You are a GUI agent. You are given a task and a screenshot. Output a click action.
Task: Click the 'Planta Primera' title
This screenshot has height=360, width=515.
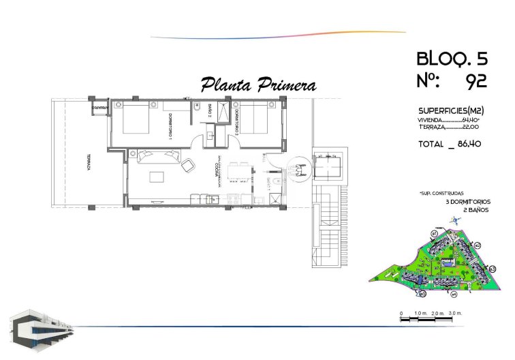point(258,85)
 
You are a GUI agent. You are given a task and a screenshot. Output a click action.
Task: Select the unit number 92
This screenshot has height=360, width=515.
point(475,82)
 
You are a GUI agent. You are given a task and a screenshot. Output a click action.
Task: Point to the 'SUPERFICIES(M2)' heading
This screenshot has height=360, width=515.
point(450,111)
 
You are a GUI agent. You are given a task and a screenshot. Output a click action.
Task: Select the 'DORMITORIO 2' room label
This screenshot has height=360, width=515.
point(235,117)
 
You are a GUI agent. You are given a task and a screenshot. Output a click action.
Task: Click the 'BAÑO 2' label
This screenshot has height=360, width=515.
point(210,110)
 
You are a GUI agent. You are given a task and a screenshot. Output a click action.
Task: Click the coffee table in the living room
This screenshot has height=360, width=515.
point(156,177)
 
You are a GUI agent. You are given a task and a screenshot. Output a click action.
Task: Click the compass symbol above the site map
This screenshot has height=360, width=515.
point(455,220)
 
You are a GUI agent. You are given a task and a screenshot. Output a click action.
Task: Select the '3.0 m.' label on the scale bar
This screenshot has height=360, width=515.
point(455,312)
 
